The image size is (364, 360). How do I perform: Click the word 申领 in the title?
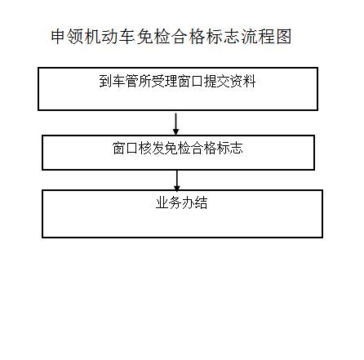pos(68,37)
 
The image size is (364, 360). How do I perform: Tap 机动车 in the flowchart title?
pos(111,37)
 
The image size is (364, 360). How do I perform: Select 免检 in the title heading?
pos(153,37)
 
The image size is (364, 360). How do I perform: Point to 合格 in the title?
pos(189,37)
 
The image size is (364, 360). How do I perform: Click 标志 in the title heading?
pos(223,37)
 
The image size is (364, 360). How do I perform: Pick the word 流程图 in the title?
pos(266,37)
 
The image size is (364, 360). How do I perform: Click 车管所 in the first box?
pos(131,81)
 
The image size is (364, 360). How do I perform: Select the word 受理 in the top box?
pos(164,81)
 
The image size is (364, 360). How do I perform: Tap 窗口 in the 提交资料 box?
pos(190,81)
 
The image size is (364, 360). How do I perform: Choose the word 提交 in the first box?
pos(216,81)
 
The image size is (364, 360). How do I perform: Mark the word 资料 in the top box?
pos(242,81)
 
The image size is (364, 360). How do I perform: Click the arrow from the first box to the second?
pos(176,124)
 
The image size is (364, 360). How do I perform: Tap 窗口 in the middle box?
pos(126,149)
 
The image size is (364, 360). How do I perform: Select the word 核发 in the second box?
pos(152,149)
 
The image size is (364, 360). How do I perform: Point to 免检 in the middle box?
pos(178,149)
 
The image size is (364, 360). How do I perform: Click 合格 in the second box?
pos(204,149)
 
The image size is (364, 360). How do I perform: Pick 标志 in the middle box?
pos(230,149)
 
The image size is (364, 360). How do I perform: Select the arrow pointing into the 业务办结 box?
pos(177,180)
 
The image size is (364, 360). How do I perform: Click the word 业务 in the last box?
pos(169,202)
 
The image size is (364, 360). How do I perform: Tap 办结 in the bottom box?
pos(195,202)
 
